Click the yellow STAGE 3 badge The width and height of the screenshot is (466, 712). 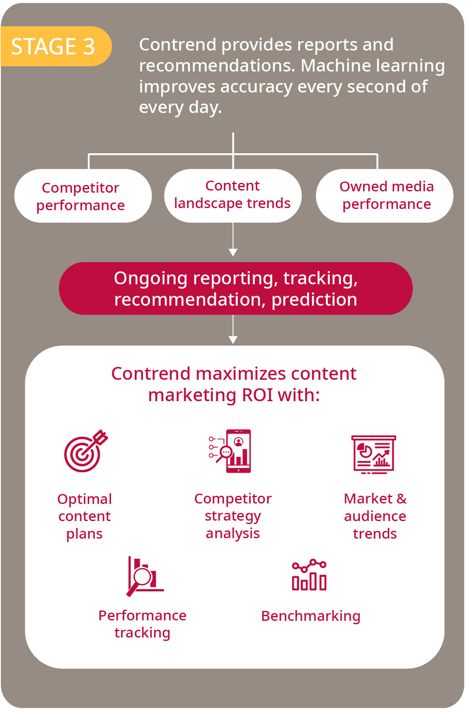click(54, 46)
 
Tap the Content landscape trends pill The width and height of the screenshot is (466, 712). click(233, 195)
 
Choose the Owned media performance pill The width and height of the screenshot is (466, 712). click(385, 195)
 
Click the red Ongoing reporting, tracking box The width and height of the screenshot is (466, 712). click(236, 288)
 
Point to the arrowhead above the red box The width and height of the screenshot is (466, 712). click(233, 252)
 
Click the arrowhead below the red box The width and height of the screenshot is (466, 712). click(233, 340)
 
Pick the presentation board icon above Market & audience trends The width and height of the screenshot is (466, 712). click(373, 454)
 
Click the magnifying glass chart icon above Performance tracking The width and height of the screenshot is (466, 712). click(144, 576)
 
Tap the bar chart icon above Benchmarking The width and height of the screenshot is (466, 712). click(309, 575)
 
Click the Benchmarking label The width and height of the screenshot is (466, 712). click(311, 616)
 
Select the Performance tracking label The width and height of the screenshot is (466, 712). click(142, 624)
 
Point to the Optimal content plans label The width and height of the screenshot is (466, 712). click(84, 516)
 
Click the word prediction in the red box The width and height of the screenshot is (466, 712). click(314, 299)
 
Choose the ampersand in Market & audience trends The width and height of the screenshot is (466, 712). click(401, 499)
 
